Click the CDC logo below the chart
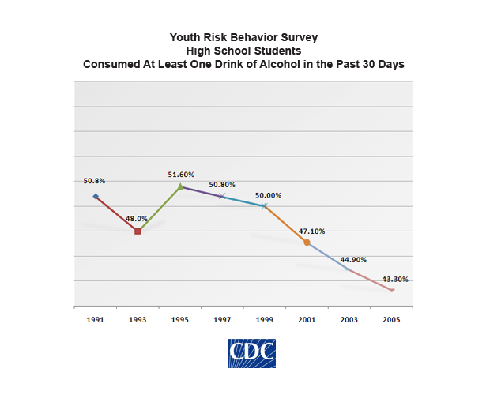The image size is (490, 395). (x=251, y=353)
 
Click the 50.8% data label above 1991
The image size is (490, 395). (x=94, y=181)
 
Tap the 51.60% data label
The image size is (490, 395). (x=181, y=174)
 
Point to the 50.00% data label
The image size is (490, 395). (x=267, y=195)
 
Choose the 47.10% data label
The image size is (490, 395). (x=311, y=231)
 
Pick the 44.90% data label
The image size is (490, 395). (x=353, y=259)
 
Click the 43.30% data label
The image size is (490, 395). (x=395, y=279)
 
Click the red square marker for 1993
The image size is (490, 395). (x=138, y=231)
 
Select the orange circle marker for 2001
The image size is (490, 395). (x=307, y=243)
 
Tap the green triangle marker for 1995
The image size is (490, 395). (x=180, y=186)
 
